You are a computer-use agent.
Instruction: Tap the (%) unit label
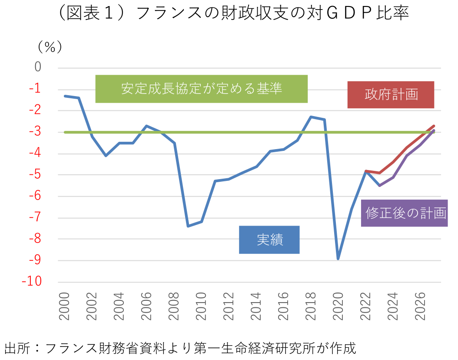click(x=50, y=46)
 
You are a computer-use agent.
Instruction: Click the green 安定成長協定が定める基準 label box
click(x=201, y=89)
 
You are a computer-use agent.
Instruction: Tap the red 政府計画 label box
click(x=391, y=94)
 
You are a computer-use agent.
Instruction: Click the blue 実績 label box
click(x=269, y=240)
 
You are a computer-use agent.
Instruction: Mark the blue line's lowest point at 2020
click(x=338, y=259)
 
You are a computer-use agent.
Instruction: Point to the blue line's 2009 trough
click(x=188, y=226)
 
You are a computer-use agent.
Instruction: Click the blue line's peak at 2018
click(x=311, y=117)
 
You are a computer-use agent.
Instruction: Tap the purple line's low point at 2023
click(x=379, y=186)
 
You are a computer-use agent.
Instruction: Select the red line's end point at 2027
click(x=434, y=126)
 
